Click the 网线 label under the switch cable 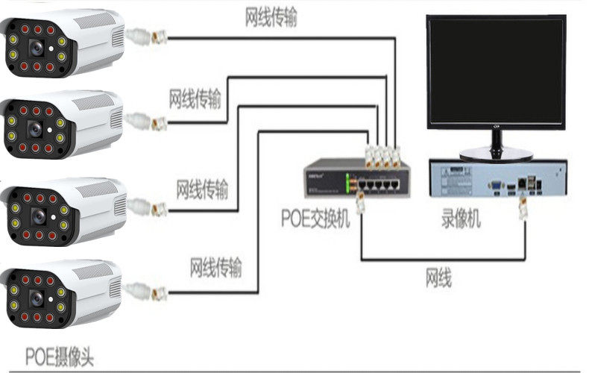438,280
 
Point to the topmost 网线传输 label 271,18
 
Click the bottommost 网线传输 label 215,266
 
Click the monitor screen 495,72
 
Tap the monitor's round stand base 495,154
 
